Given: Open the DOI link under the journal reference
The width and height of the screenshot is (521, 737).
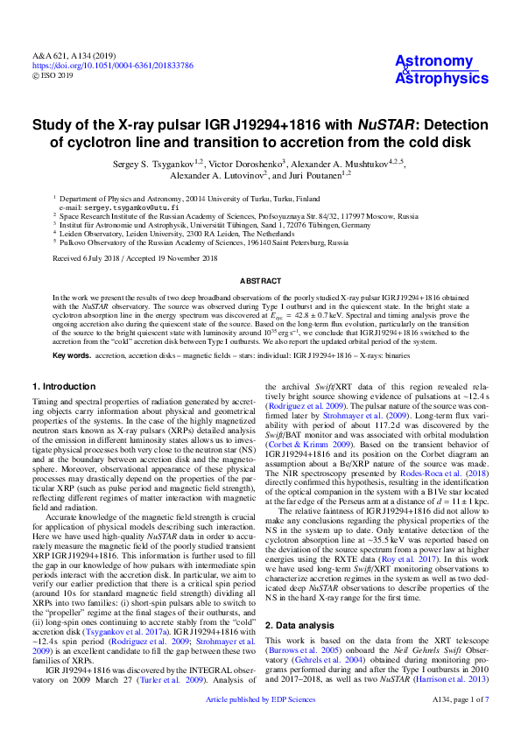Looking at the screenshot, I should click(113, 66).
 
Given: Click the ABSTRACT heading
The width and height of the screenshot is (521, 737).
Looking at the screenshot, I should click(260, 281).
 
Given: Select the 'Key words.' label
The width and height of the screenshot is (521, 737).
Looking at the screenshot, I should click(72, 356).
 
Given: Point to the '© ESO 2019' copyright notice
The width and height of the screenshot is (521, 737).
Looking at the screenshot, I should click(53, 75).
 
